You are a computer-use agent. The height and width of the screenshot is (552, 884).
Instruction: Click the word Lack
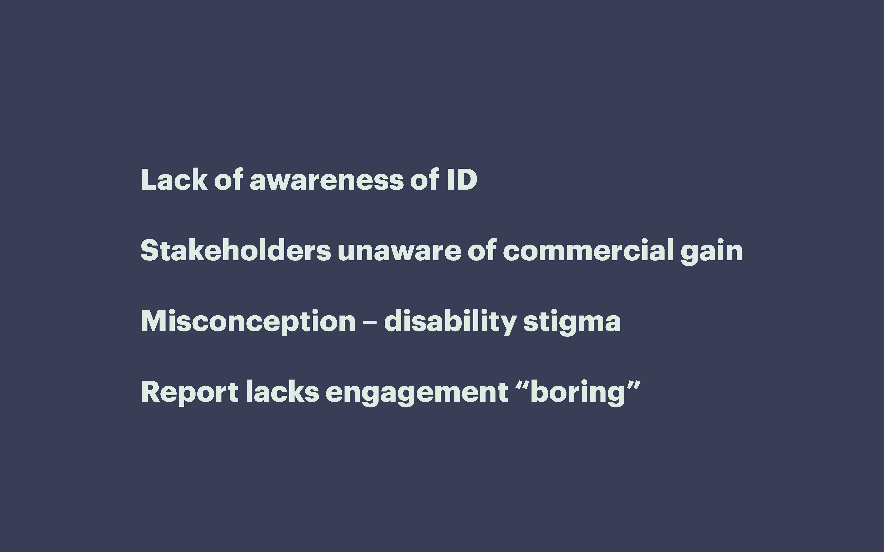pyautogui.click(x=174, y=180)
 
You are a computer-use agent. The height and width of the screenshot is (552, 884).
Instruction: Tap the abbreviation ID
pyautogui.click(x=462, y=180)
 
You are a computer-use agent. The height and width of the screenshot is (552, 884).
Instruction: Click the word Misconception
pyautogui.click(x=248, y=321)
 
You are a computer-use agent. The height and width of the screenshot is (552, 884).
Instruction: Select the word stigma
pyautogui.click(x=572, y=323)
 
